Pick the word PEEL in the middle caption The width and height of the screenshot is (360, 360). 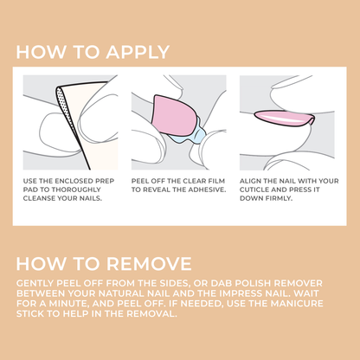(142, 181)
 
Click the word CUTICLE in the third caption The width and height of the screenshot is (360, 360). (257, 189)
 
